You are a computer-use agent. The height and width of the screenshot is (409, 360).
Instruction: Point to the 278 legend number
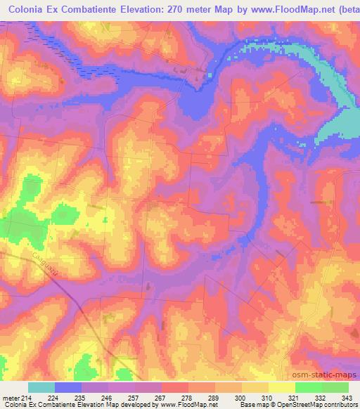186,397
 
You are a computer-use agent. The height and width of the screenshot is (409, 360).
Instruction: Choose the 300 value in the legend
240,397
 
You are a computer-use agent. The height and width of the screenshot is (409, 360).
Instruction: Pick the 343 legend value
347,397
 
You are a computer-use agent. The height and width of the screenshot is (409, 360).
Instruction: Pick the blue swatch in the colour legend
67,387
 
